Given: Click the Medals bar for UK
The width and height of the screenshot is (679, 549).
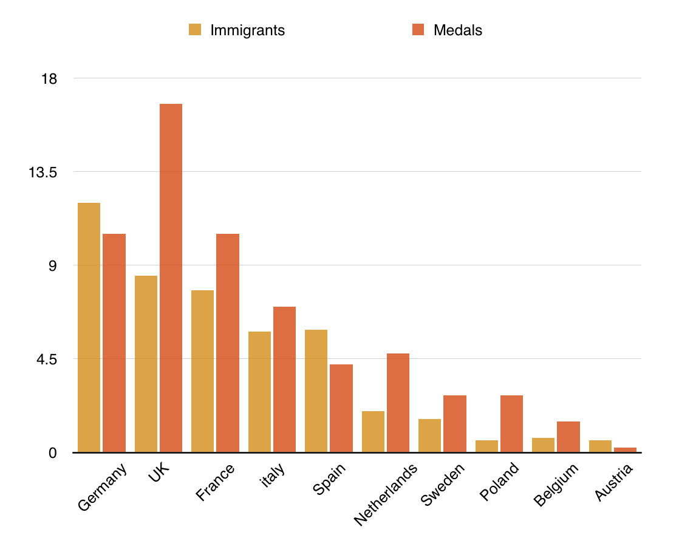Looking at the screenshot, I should click(x=171, y=278).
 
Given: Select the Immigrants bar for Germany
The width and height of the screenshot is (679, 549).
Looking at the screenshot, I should click(x=89, y=327).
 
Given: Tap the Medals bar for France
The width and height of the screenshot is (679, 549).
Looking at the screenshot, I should click(x=228, y=343).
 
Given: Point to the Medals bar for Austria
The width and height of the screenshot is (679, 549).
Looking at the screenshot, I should click(x=625, y=449).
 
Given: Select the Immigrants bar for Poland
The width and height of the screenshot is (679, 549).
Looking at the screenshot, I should click(x=486, y=446).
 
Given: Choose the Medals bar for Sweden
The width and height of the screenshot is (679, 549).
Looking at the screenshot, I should click(x=455, y=423).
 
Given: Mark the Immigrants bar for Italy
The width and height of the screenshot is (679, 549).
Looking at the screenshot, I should click(x=259, y=392).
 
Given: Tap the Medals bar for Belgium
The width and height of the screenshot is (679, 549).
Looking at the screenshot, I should click(x=568, y=437).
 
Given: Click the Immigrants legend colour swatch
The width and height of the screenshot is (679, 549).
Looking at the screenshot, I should click(x=195, y=30).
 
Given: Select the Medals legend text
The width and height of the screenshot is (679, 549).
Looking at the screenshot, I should click(x=458, y=30).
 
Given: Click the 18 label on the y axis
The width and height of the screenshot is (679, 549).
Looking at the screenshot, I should click(x=49, y=78).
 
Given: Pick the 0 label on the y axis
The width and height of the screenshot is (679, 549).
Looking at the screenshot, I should click(x=53, y=452).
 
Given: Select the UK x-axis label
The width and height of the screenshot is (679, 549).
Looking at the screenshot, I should click(x=160, y=473).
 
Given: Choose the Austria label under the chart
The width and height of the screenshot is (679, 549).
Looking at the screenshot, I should click(x=614, y=482).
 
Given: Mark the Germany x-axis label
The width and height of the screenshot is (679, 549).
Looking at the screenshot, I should click(x=103, y=487).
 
